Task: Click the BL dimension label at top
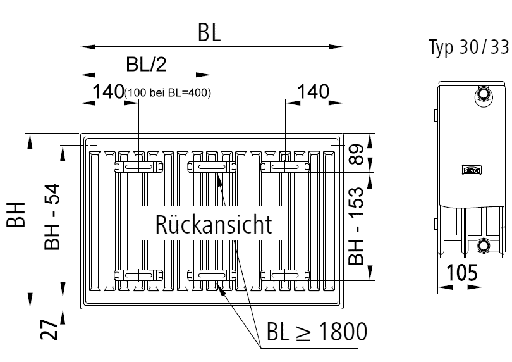(x=209, y=34)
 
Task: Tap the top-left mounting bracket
(x=138, y=166)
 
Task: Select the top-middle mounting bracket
(x=211, y=166)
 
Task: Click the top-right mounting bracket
(x=284, y=166)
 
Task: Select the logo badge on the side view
(x=471, y=170)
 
